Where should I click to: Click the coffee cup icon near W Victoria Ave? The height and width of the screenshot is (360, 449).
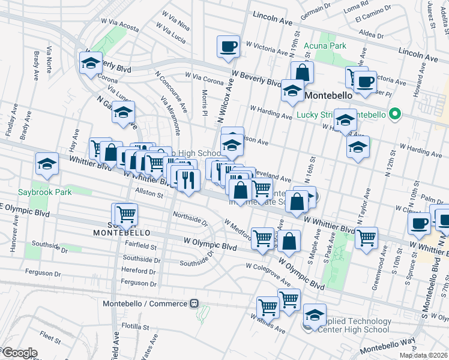click(x=228, y=46)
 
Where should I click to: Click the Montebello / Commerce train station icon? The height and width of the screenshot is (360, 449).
click(x=194, y=304)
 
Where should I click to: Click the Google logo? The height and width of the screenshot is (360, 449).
click(x=19, y=353)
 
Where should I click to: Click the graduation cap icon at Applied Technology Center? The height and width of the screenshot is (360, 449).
click(x=315, y=314)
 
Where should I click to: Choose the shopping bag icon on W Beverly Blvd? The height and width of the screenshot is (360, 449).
click(x=303, y=73)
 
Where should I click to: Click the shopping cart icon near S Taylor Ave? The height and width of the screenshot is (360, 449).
click(x=366, y=238)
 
